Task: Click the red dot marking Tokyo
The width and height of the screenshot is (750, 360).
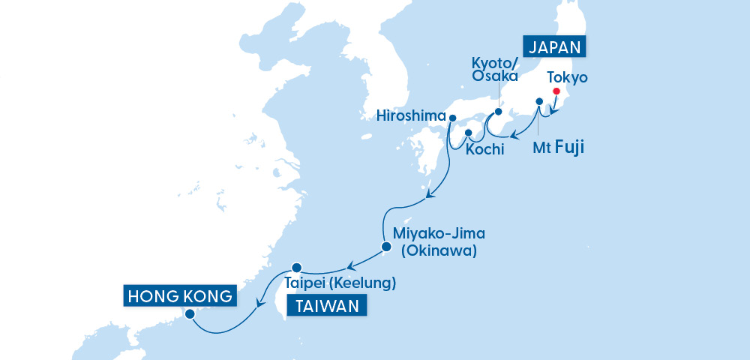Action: tap(556, 91)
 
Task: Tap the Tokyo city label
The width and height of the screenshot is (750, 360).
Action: tap(567, 77)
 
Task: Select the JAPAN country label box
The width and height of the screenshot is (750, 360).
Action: tap(556, 46)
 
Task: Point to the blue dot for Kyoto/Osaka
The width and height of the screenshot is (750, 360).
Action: tap(497, 112)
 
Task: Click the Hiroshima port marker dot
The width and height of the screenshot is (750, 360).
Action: tap(452, 117)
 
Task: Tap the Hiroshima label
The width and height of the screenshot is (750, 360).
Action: tap(412, 116)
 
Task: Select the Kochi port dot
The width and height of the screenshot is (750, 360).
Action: tap(469, 133)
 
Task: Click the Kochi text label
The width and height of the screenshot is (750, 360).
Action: tap(484, 150)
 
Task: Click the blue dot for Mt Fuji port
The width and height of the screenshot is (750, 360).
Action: tap(538, 101)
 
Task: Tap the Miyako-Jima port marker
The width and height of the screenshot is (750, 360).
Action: tap(385, 246)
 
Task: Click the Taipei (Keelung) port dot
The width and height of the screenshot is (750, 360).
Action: tap(296, 267)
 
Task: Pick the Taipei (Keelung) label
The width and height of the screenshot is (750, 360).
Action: tap(339, 284)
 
